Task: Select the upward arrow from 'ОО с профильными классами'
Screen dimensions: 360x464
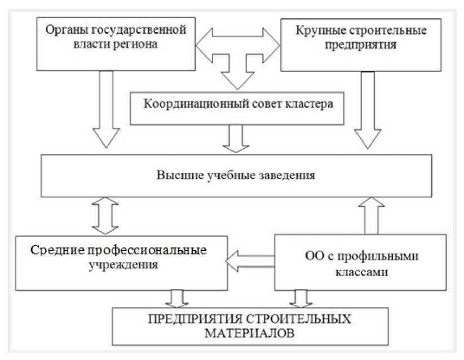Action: [372, 215]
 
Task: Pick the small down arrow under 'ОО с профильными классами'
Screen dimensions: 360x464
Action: [302, 298]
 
